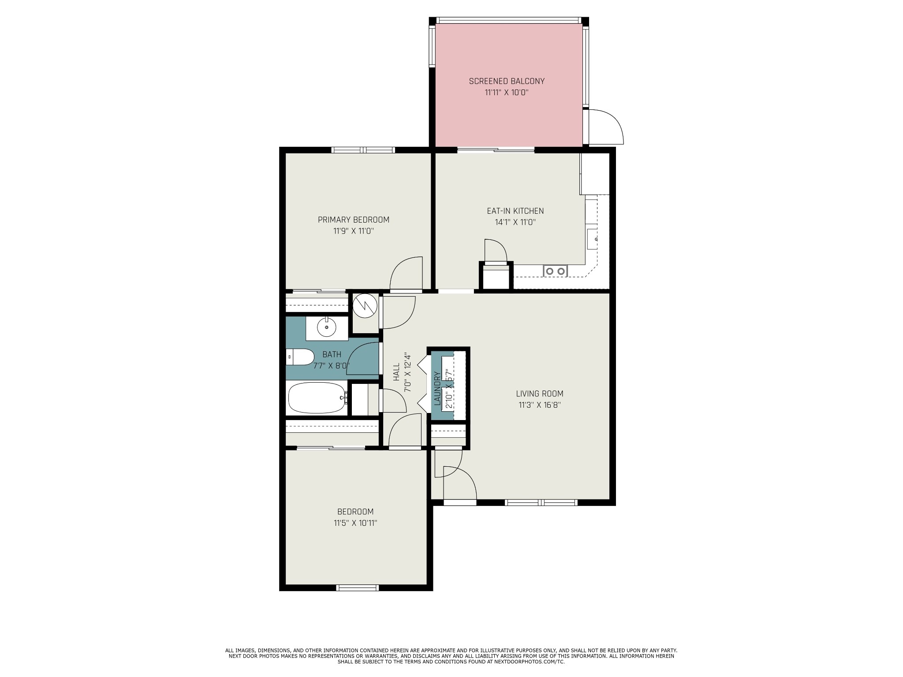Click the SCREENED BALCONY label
click(507, 81)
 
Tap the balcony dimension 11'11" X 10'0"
click(507, 93)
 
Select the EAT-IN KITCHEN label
click(515, 211)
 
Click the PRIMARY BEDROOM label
click(354, 219)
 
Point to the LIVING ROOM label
click(540, 394)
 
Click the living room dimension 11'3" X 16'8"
click(540, 405)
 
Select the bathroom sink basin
click(326, 327)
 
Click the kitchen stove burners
click(555, 271)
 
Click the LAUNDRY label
click(437, 388)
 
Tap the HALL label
click(396, 372)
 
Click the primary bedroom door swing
click(406, 274)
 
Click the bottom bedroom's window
click(358, 588)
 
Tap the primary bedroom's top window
click(363, 150)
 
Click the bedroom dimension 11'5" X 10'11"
click(355, 523)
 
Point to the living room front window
click(541, 502)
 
